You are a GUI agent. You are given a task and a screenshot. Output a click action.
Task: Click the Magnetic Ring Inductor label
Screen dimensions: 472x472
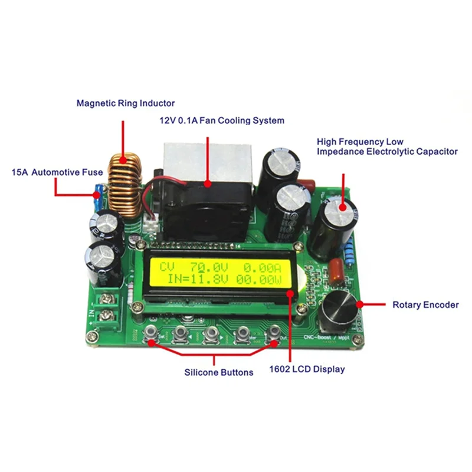tap(125, 103)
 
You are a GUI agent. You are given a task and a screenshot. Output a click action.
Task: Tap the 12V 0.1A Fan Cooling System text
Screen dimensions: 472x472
tap(221, 120)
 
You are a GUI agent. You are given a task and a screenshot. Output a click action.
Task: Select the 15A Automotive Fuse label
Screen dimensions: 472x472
tap(57, 172)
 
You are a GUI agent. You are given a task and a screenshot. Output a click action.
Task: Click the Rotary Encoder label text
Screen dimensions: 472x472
tap(425, 305)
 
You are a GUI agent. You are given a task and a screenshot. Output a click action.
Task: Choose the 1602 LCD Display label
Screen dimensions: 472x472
tap(307, 369)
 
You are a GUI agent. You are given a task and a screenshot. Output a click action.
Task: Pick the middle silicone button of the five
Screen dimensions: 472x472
tap(211, 335)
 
